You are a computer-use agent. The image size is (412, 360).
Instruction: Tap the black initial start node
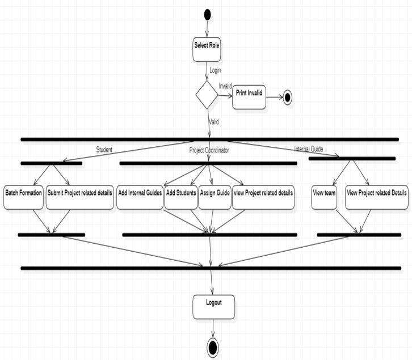click(x=207, y=14)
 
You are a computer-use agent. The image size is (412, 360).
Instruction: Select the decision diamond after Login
click(x=207, y=95)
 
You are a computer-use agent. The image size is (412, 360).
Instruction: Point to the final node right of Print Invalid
click(x=287, y=98)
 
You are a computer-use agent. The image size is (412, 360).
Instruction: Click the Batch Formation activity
click(x=23, y=196)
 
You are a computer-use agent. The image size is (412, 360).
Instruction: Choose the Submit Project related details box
click(x=80, y=196)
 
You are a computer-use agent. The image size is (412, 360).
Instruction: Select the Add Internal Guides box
click(x=140, y=196)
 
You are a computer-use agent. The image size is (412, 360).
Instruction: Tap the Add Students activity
click(x=180, y=196)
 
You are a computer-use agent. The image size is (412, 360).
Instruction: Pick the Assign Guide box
click(x=215, y=196)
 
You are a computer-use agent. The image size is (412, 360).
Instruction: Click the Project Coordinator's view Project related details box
click(x=263, y=196)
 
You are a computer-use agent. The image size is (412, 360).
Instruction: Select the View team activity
click(x=324, y=196)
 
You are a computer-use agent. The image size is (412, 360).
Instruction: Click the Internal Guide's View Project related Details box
click(x=376, y=196)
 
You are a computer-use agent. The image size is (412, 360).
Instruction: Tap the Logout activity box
click(x=213, y=306)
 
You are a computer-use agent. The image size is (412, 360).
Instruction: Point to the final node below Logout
click(x=213, y=346)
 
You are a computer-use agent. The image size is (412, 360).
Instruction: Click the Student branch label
click(x=104, y=150)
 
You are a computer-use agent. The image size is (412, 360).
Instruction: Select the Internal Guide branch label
click(x=308, y=149)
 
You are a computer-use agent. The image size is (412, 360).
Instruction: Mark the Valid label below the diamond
click(x=214, y=121)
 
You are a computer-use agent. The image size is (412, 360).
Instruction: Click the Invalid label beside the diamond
click(x=225, y=86)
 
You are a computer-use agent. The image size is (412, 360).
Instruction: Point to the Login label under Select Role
click(x=215, y=70)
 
